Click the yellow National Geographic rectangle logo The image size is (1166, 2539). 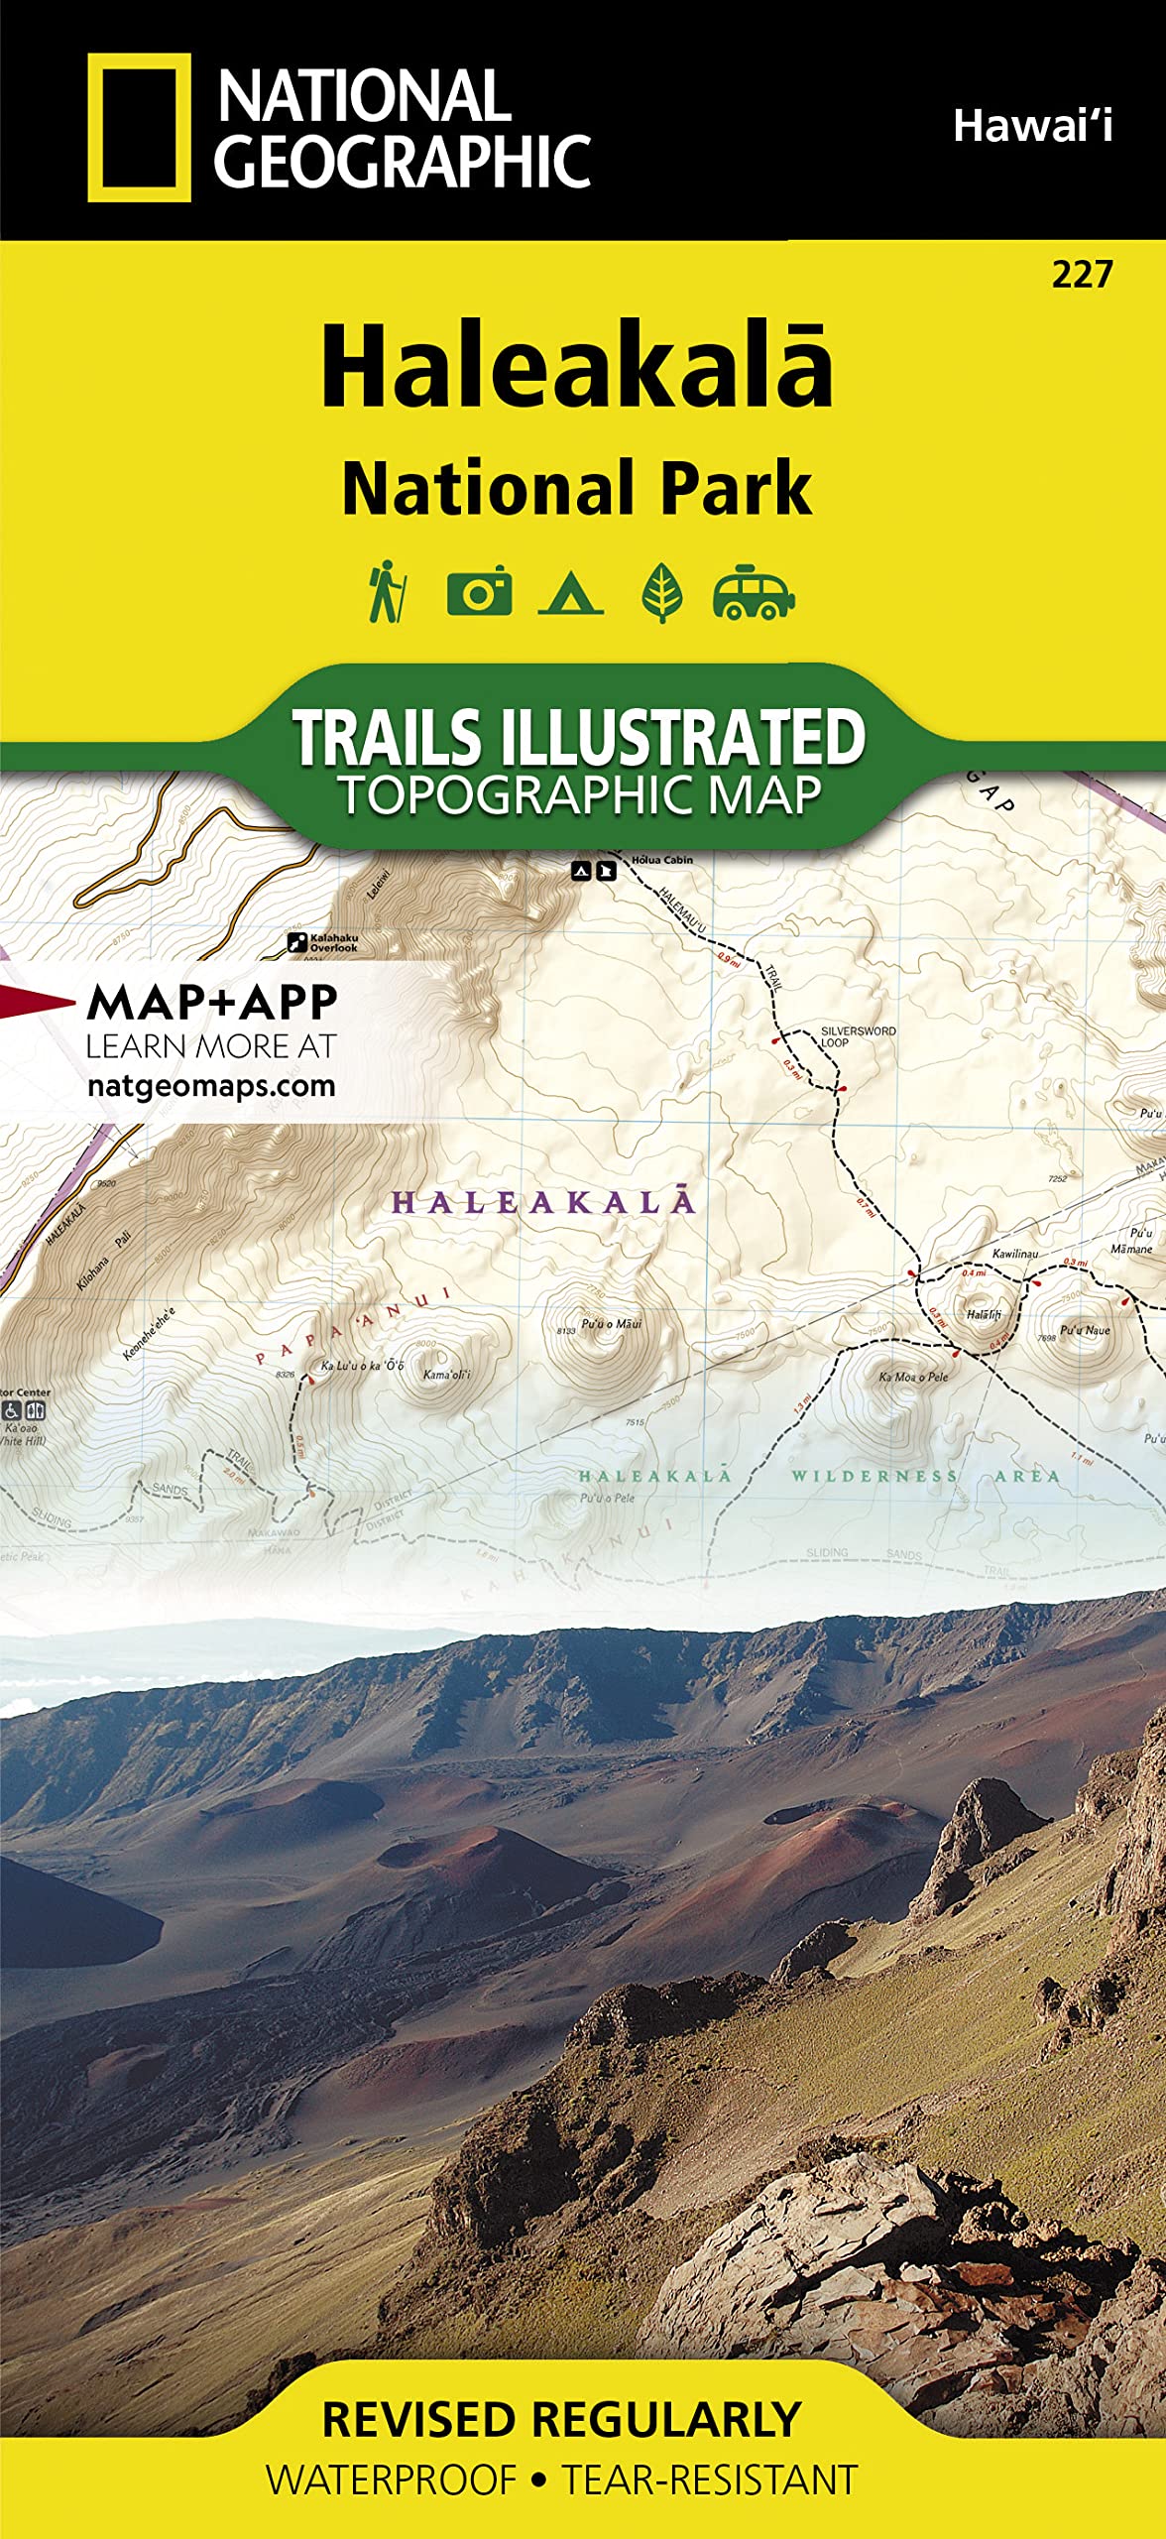[x=139, y=127]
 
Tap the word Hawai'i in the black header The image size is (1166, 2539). [x=1032, y=126]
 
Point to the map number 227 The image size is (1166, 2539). [x=1083, y=274]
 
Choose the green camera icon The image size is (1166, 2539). [x=479, y=592]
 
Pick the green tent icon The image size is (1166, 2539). [x=570, y=593]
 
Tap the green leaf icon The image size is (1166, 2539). [x=661, y=592]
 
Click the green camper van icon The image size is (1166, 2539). [x=754, y=592]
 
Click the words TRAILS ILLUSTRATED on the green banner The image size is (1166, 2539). [x=579, y=737]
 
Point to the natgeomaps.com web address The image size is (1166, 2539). [x=211, y=1085]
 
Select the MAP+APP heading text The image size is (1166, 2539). [x=212, y=1002]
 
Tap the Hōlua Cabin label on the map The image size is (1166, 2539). [x=662, y=860]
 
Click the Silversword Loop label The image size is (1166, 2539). [x=858, y=1036]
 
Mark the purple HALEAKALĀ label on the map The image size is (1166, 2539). [x=543, y=1202]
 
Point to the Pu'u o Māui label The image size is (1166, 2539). [x=611, y=1323]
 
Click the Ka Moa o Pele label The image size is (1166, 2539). [x=913, y=1377]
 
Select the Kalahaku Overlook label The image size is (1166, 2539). [x=333, y=942]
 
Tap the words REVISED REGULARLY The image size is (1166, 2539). [x=561, y=2419]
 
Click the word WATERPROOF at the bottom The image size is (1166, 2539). [x=392, y=2479]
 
